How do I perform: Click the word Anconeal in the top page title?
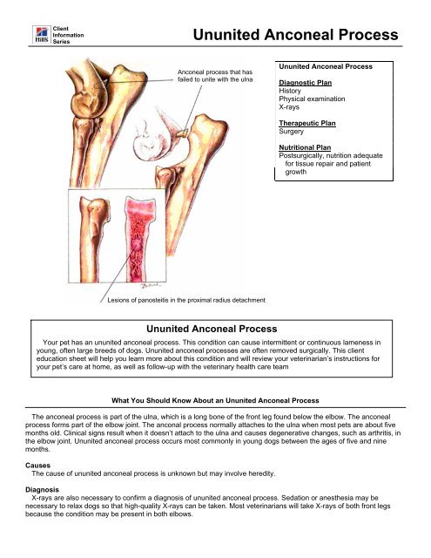(x=303, y=36)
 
